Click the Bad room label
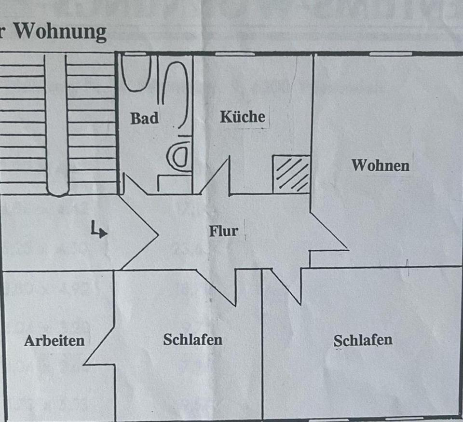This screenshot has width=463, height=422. coord(144,118)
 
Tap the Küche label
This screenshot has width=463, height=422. coord(243,116)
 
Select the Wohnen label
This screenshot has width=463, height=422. coord(380,165)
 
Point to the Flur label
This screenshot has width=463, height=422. coord(223,231)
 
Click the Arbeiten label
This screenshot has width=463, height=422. coord(54,340)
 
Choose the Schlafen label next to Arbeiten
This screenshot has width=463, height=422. coord(192,339)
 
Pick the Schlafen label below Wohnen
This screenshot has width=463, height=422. coord(363,340)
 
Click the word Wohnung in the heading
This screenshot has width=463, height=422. coord(60,32)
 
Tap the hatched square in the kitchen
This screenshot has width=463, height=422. coord(291,174)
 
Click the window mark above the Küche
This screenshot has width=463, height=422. coord(234,54)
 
